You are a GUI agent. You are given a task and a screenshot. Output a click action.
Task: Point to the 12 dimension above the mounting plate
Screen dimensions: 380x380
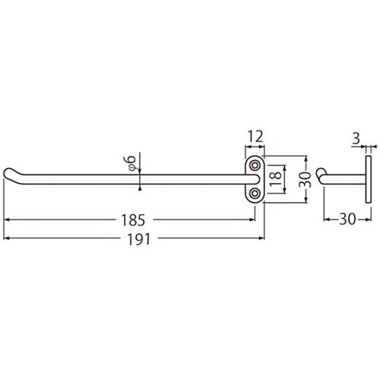255,137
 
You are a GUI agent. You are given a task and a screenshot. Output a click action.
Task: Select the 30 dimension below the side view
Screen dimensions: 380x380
347,220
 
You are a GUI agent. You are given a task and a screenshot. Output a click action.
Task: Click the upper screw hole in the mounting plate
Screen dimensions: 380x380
255,165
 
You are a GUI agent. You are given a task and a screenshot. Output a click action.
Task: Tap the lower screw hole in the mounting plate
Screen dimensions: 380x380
255,195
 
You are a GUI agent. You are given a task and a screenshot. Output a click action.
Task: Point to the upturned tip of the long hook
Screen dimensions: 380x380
10,173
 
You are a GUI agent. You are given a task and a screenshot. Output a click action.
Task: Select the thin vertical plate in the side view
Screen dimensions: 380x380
369,180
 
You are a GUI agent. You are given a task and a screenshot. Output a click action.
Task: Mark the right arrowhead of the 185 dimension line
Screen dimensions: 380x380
253,220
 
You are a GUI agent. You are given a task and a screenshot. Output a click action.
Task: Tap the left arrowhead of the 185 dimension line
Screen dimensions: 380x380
7,220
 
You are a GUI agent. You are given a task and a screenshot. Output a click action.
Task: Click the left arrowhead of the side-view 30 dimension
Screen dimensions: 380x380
328,220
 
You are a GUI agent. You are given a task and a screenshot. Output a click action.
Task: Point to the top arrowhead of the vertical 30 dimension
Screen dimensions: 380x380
306,161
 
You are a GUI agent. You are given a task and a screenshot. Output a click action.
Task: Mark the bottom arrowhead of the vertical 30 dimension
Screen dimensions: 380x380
306,200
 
